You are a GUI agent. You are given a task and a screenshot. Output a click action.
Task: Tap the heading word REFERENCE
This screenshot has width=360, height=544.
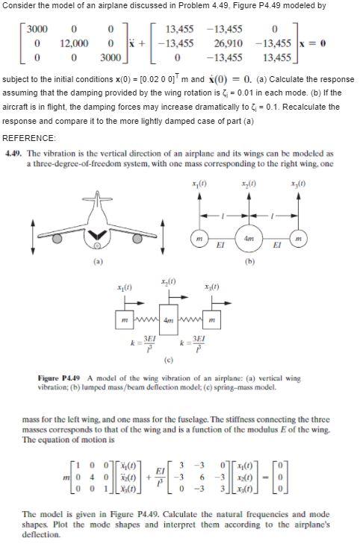coord(29,138)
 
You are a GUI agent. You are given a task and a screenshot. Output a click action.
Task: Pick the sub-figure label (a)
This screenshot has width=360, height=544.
coord(95,262)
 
